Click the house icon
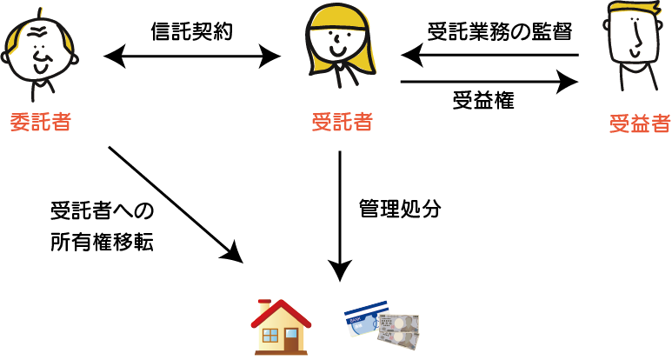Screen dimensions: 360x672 click(280, 328)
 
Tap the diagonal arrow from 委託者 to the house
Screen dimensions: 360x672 click(174, 203)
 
